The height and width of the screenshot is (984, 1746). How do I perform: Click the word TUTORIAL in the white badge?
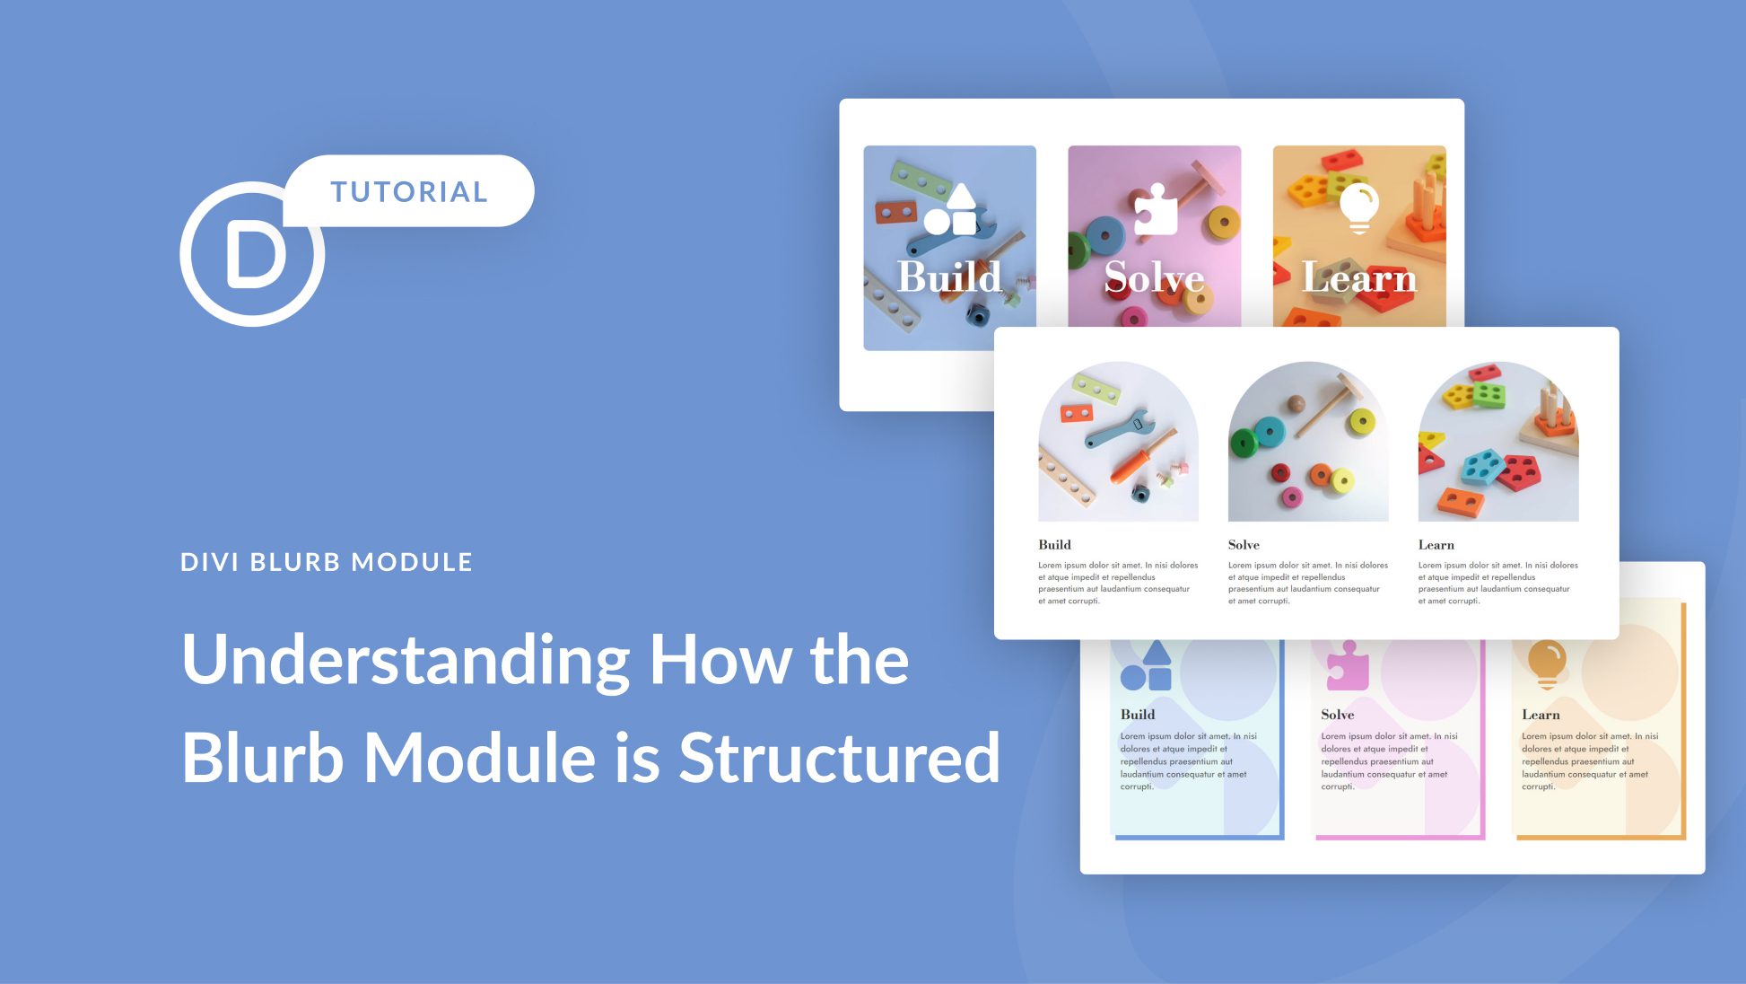(x=409, y=191)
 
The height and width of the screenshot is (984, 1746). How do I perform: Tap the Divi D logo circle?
(x=252, y=254)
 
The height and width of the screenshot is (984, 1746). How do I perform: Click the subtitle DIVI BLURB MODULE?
(x=327, y=562)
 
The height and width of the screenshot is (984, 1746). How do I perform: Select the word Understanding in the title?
(x=406, y=660)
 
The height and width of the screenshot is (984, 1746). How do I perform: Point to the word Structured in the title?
(x=839, y=758)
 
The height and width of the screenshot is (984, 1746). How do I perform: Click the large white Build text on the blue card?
(x=949, y=277)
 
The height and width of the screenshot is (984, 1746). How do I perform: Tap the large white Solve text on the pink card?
(x=1154, y=277)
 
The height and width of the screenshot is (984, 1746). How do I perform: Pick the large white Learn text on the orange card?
(x=1358, y=277)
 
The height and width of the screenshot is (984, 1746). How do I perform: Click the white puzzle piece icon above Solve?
(x=1156, y=209)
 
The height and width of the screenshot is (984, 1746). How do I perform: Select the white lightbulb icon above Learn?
(x=1359, y=206)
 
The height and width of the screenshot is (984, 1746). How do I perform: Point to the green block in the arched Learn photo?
(x=1488, y=395)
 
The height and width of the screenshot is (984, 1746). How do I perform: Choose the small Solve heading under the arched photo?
(x=1244, y=545)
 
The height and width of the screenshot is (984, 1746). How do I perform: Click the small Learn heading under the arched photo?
(x=1436, y=545)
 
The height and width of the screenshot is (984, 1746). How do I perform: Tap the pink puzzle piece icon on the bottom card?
(x=1348, y=666)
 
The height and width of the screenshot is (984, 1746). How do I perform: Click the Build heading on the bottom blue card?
(x=1138, y=715)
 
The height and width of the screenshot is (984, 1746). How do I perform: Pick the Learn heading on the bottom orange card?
(x=1541, y=715)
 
